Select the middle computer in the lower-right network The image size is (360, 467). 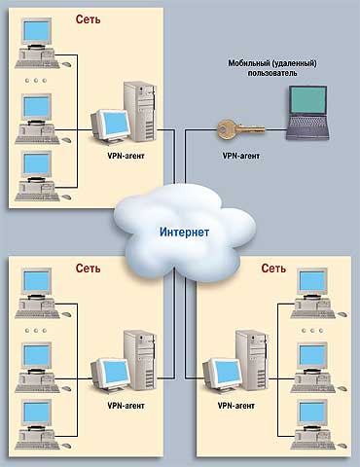(x=312, y=359)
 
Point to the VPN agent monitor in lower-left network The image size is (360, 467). (x=110, y=372)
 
